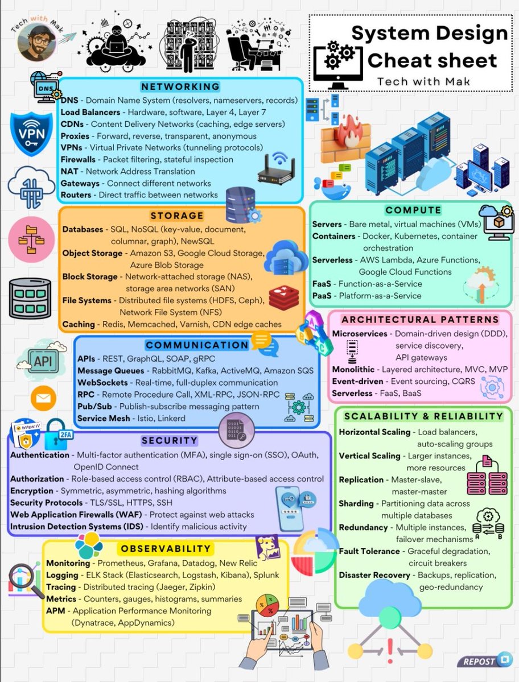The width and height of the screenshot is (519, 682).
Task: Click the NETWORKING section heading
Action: (180, 86)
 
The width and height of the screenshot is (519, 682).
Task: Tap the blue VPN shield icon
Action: (30, 133)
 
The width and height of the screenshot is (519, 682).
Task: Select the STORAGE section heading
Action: (177, 216)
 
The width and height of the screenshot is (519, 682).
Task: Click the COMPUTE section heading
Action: (413, 210)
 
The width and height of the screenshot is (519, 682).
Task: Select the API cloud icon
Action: (39, 361)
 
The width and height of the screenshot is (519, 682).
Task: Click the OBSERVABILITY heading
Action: (166, 549)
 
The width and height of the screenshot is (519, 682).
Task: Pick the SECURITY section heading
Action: (170, 440)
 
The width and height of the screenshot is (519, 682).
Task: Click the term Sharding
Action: (356, 503)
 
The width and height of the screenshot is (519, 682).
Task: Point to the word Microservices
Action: (359, 334)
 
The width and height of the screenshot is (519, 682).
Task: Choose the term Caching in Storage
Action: (79, 324)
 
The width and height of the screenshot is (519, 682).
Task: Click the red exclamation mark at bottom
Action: (390, 645)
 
